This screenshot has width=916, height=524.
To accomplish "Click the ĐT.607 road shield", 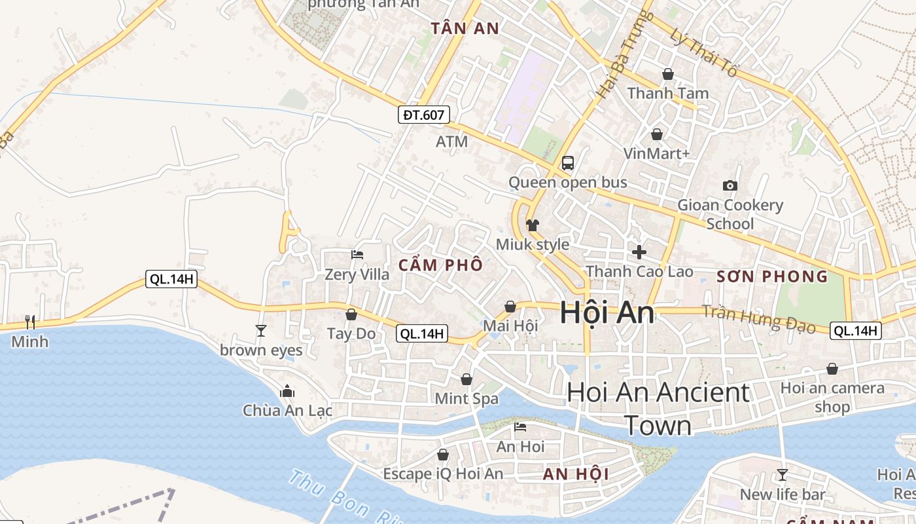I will (424, 115).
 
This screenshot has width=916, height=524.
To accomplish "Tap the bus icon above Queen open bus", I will (567, 163).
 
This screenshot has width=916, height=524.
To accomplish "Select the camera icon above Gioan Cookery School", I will (730, 186).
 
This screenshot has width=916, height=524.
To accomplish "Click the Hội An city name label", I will (607, 314).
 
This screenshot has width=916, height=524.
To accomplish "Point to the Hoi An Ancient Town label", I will (658, 409).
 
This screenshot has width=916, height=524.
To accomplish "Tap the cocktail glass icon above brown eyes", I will (261, 331).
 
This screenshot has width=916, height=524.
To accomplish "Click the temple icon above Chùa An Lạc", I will (287, 392).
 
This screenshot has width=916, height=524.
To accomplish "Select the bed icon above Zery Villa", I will (357, 255).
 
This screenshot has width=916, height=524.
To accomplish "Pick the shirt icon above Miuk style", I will (533, 225).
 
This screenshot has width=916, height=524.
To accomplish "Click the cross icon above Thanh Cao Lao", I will (639, 252).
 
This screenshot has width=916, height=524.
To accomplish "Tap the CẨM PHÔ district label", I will (440, 265).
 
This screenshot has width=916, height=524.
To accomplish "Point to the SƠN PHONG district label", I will (772, 276).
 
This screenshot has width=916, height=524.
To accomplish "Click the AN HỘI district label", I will (576, 474).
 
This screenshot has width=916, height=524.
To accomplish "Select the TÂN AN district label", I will (465, 28).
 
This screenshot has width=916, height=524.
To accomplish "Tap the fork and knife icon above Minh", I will (30, 322).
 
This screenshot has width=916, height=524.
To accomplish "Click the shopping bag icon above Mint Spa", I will (467, 379).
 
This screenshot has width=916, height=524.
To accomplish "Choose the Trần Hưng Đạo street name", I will (758, 319).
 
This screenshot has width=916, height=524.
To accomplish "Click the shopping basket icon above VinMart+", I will (656, 134).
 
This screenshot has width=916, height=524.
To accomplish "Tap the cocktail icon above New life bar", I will (782, 475).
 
